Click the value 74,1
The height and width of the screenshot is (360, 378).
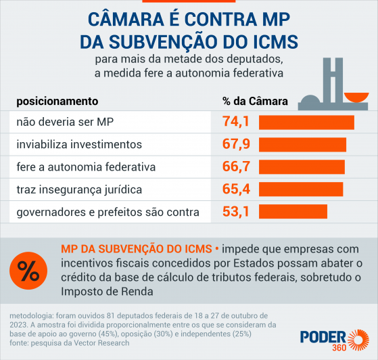click(x=236, y=122)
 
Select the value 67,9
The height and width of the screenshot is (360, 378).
click(x=236, y=145)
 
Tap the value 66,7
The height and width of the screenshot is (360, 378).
click(x=236, y=166)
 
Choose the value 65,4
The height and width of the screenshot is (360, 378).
click(x=236, y=189)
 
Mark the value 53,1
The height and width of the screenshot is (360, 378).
click(x=236, y=211)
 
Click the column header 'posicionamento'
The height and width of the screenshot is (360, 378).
click(x=57, y=102)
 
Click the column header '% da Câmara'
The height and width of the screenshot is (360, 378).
click(x=255, y=102)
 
